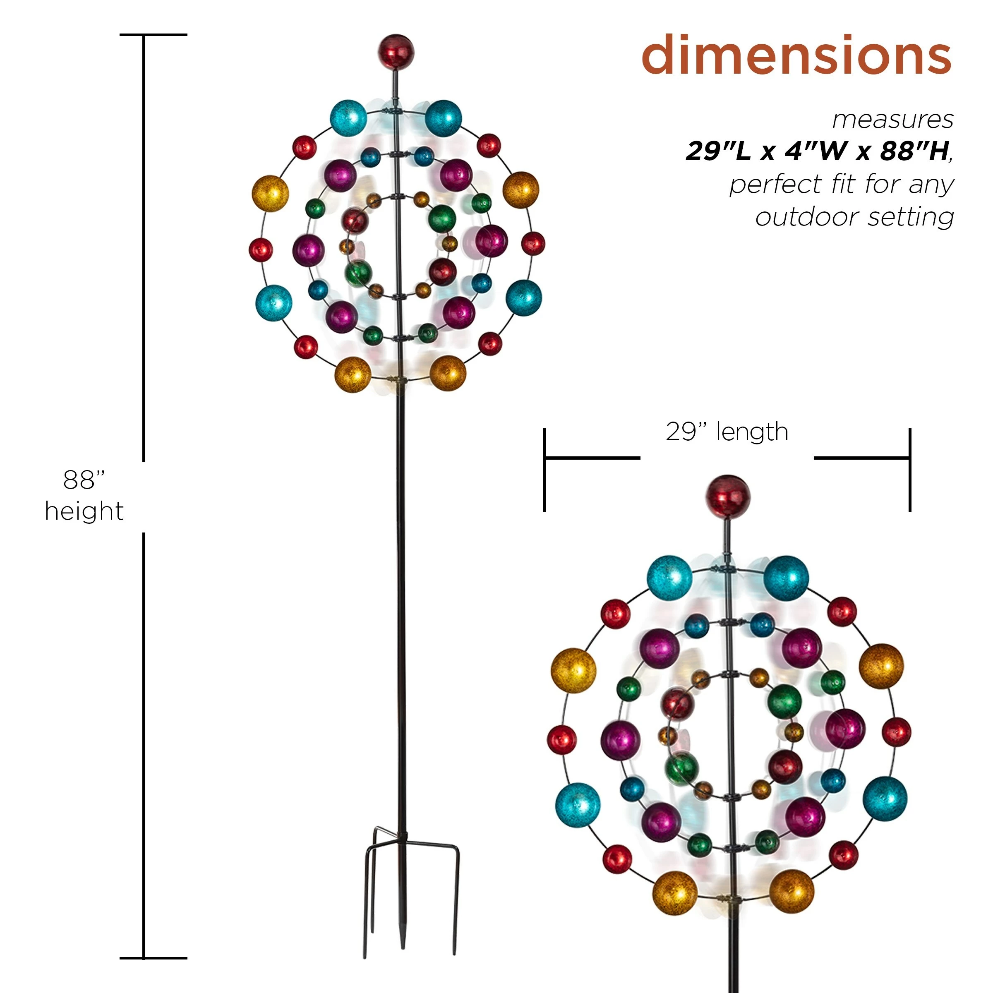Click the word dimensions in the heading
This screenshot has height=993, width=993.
(796, 55)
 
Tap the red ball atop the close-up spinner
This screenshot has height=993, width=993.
(727, 497)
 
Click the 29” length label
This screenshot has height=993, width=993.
(727, 432)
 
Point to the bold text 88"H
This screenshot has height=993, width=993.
(914, 151)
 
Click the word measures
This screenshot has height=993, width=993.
(893, 119)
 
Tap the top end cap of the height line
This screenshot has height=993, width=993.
(153, 35)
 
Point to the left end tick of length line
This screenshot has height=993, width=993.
(544, 470)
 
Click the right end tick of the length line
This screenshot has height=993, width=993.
(910, 470)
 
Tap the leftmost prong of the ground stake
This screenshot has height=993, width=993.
(365, 925)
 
